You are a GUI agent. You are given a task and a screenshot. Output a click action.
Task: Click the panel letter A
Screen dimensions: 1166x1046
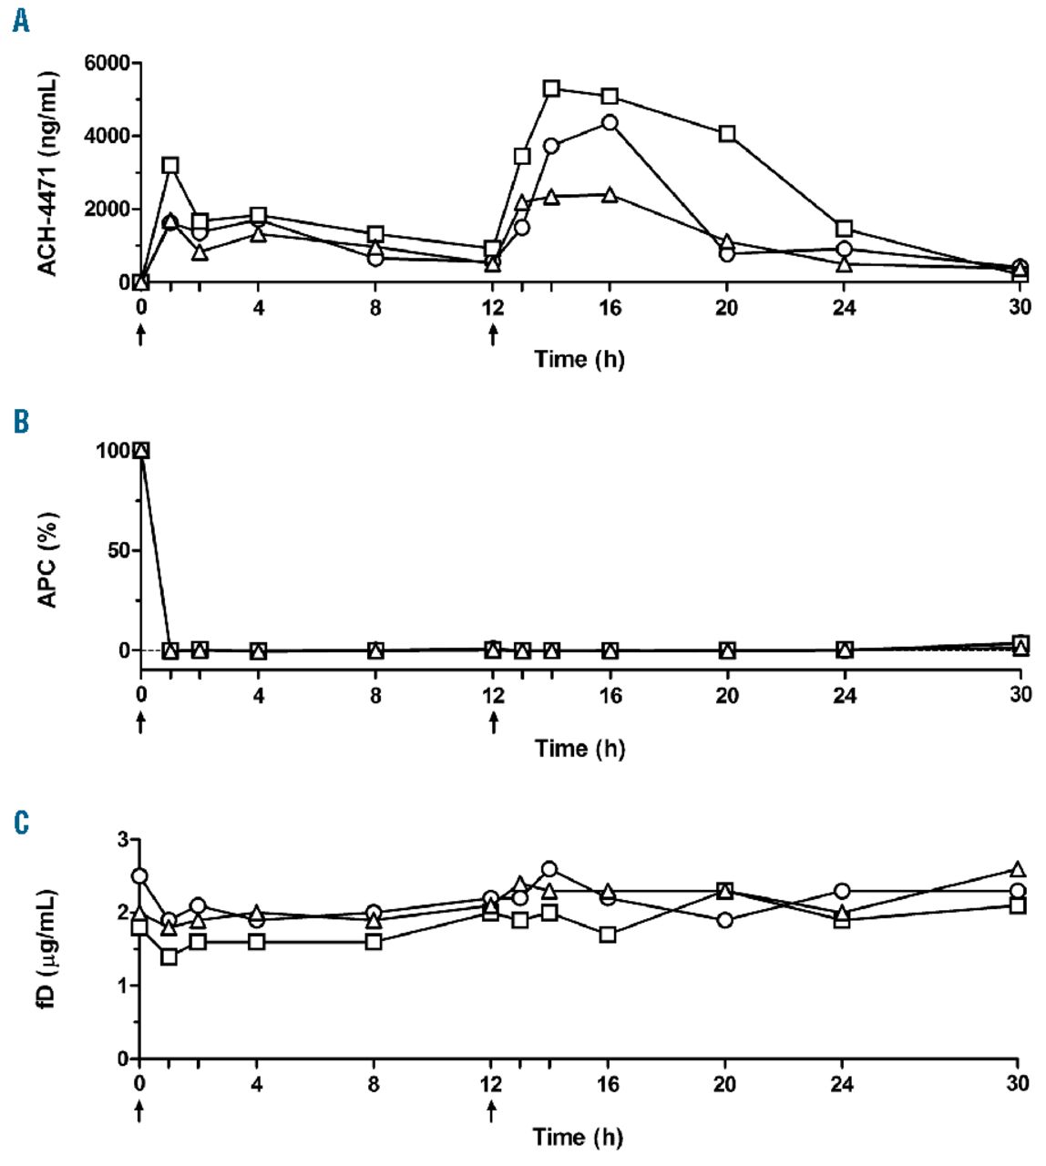tap(20, 21)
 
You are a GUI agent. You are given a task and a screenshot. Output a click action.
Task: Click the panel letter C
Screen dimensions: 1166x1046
tap(21, 823)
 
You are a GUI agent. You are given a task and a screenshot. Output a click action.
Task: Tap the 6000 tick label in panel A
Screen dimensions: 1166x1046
tap(106, 63)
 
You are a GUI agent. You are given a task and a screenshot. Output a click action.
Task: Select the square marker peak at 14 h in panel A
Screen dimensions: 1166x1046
tap(551, 88)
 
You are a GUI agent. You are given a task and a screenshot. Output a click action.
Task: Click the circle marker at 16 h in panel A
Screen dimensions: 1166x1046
tap(610, 123)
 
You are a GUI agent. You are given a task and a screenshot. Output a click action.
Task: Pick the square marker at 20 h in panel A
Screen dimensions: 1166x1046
tap(727, 133)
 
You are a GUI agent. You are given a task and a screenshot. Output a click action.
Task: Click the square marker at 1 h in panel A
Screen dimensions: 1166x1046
tap(170, 165)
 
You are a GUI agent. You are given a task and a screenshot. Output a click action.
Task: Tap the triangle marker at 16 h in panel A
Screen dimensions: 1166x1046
tap(610, 194)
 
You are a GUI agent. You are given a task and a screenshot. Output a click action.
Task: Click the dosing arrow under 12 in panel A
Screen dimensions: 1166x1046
tap(493, 335)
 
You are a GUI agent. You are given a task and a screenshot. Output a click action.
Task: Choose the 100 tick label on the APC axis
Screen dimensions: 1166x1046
tap(116, 450)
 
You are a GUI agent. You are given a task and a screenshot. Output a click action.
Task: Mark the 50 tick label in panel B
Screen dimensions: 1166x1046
tap(120, 550)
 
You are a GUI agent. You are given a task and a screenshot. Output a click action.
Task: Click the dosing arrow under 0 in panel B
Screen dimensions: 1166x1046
tap(140, 723)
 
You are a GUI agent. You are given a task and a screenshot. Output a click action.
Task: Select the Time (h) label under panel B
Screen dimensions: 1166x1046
tap(579, 749)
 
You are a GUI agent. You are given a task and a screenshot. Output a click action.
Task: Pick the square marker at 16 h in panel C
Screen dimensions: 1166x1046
tap(608, 934)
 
